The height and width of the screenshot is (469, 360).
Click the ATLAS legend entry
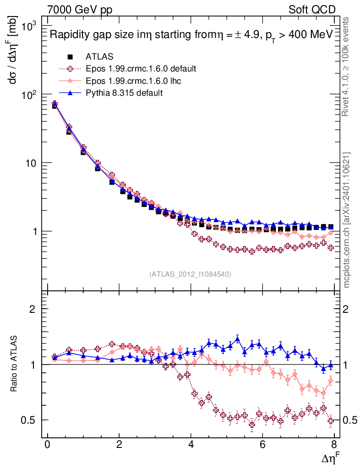click(x=99, y=57)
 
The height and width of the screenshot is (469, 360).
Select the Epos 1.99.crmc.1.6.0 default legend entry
click(x=141, y=69)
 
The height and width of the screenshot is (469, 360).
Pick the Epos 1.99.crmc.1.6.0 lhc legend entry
click(x=133, y=81)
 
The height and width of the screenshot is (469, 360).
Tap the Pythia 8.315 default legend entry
click(x=124, y=93)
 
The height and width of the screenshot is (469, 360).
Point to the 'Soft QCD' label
click(x=312, y=10)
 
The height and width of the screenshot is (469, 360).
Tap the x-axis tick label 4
click(x=191, y=445)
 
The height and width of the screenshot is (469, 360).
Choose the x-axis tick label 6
click(x=263, y=445)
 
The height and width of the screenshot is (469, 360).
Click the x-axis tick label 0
click(x=47, y=445)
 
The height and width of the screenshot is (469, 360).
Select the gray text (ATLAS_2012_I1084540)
click(x=190, y=274)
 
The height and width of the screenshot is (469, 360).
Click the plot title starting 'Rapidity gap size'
click(x=191, y=35)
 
